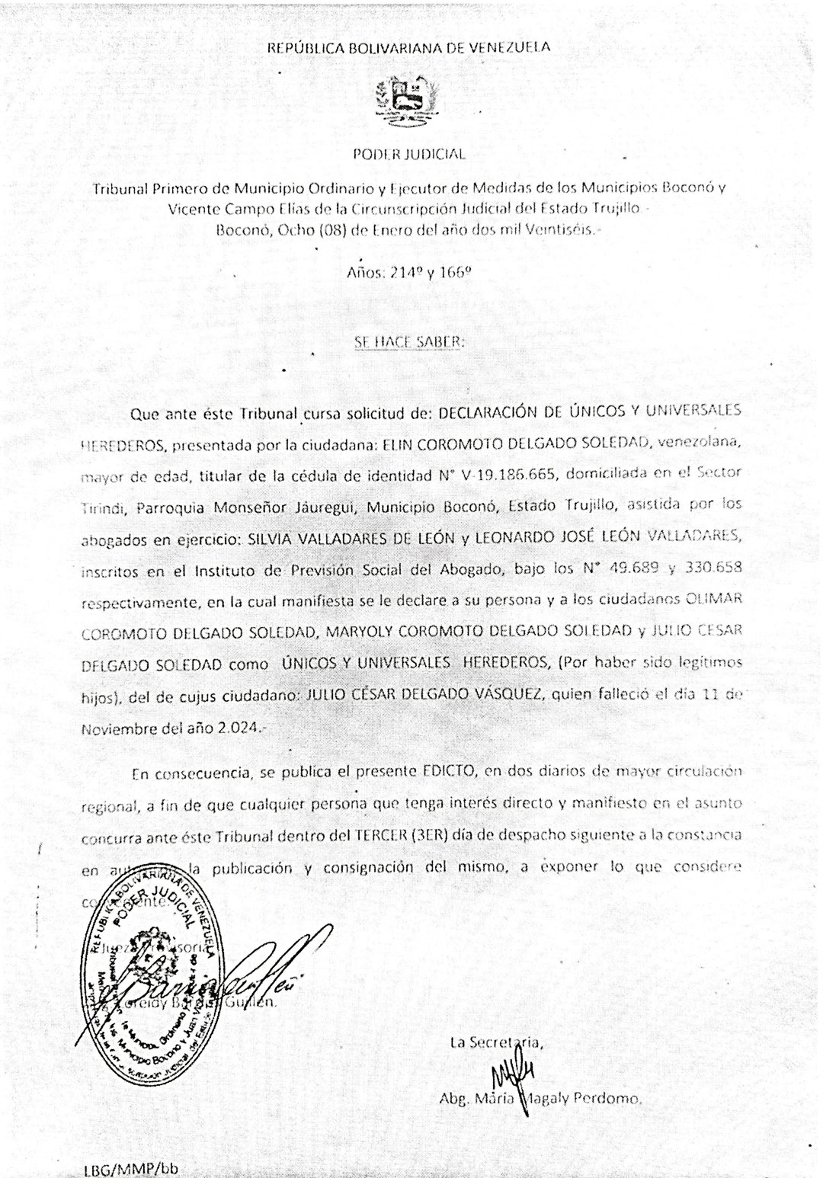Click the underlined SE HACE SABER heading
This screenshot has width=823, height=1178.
(x=409, y=342)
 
